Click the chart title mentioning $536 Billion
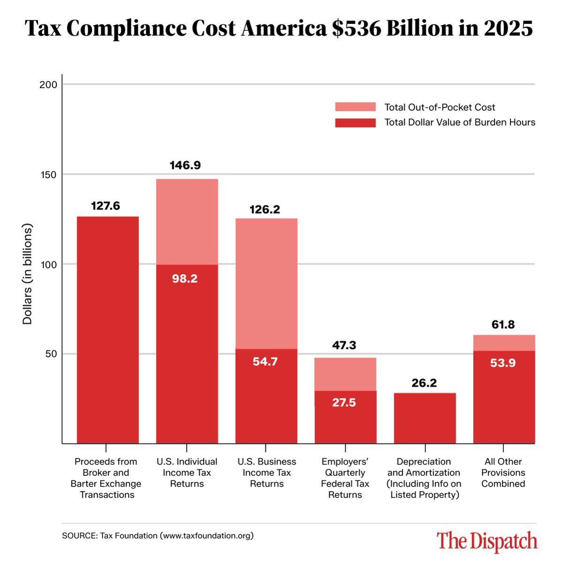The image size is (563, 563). (x=279, y=29)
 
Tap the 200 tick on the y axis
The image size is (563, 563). (x=52, y=85)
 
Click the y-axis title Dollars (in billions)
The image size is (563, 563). (x=28, y=274)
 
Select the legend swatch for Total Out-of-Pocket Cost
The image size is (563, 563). (x=355, y=107)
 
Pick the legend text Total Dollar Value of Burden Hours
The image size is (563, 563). (x=459, y=122)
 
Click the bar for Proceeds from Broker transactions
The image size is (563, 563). (x=107, y=328)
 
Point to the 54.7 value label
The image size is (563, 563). (x=265, y=362)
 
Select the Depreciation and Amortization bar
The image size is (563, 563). (x=425, y=417)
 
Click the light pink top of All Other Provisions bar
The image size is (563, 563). (x=504, y=343)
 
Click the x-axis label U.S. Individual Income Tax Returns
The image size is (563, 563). (x=187, y=473)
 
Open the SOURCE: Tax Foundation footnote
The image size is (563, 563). (x=158, y=535)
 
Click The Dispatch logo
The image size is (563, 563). (x=487, y=541)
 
